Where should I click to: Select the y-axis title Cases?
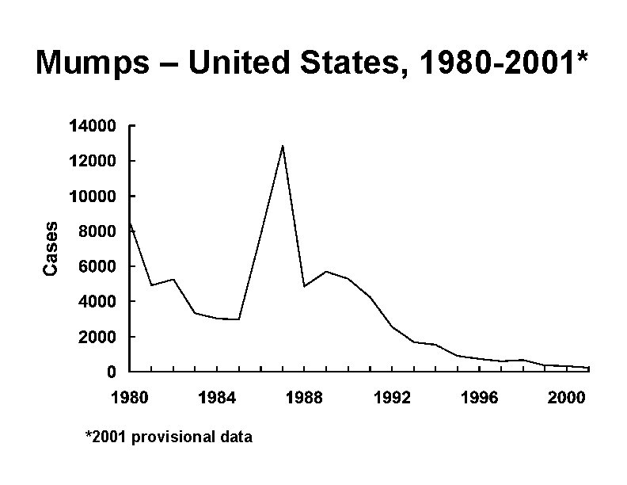pyautogui.click(x=51, y=249)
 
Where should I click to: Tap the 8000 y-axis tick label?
pyautogui.click(x=97, y=231)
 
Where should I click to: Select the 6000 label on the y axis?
pyautogui.click(x=97, y=267)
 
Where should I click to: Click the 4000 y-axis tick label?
pyautogui.click(x=97, y=302)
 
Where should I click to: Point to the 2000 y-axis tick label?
pyautogui.click(x=97, y=338)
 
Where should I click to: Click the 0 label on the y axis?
pyautogui.click(x=112, y=372)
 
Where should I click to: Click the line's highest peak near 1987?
pyautogui.click(x=283, y=146)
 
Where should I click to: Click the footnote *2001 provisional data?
pyautogui.click(x=169, y=437)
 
